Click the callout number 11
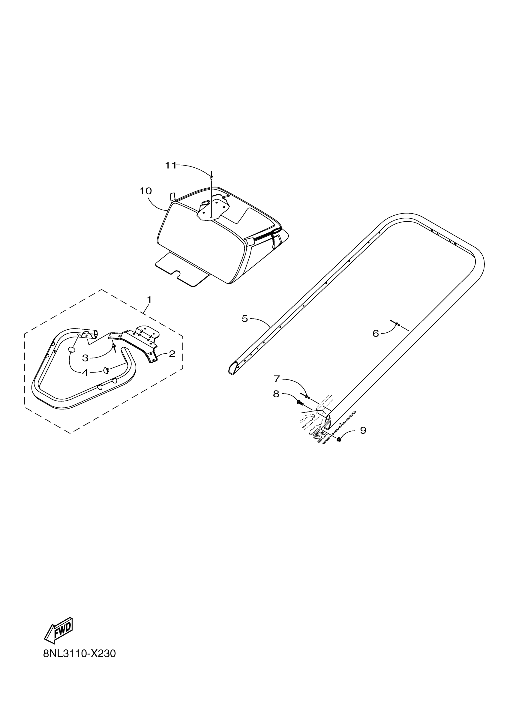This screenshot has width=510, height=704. coord(170,166)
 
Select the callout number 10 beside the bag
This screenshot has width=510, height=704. coord(145,191)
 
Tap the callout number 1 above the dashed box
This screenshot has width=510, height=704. coord(149,300)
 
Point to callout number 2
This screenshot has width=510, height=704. coord(172,354)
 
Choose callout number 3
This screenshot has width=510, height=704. coord(85,358)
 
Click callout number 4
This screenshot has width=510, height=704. coord(85,373)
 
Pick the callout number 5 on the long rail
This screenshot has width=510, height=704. coord(245,319)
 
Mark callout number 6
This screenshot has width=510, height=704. coord(376,333)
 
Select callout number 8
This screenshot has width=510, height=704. coord(276,394)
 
